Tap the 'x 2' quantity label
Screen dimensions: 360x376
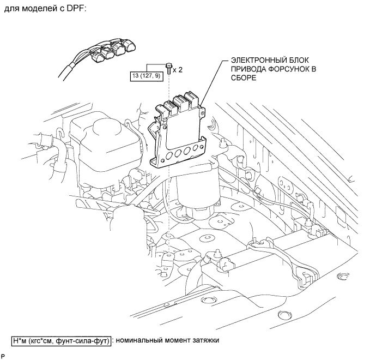point(178,70)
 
